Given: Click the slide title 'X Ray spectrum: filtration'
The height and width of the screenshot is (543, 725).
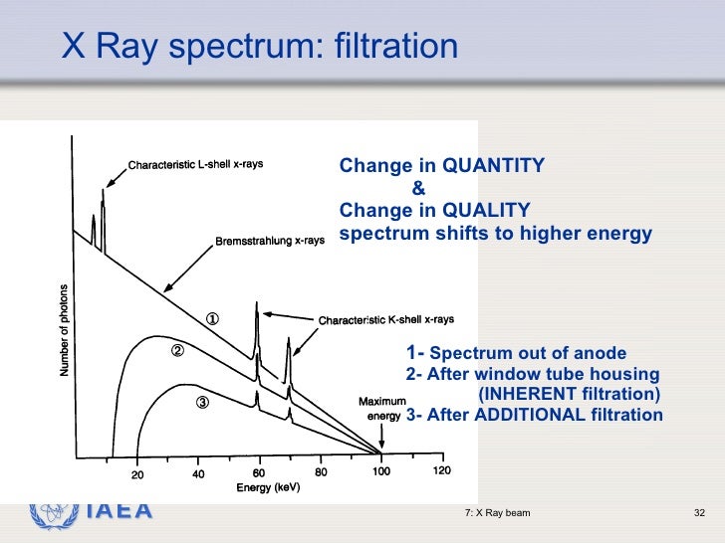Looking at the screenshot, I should pyautogui.click(x=260, y=46).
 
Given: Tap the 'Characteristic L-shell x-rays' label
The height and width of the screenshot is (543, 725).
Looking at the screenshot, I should pyautogui.click(x=195, y=164).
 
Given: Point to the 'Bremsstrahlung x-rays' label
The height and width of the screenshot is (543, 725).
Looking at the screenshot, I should pyautogui.click(x=269, y=242).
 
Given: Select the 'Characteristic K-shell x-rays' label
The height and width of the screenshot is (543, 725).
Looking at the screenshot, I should pyautogui.click(x=385, y=320).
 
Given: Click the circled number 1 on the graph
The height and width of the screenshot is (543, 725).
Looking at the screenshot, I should pyautogui.click(x=212, y=319).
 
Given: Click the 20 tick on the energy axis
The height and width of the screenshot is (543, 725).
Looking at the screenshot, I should pyautogui.click(x=136, y=473).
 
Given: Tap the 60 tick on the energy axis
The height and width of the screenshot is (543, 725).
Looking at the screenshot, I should pyautogui.click(x=259, y=473).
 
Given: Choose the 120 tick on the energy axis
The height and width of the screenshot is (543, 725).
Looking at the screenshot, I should pyautogui.click(x=441, y=471).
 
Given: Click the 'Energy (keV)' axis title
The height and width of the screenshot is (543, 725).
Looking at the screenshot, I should pyautogui.click(x=268, y=488).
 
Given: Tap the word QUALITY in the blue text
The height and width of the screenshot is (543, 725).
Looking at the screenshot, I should pyautogui.click(x=486, y=210).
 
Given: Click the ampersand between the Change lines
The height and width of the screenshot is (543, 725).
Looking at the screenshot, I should pyautogui.click(x=417, y=187).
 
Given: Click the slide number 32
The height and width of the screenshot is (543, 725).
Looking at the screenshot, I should pyautogui.click(x=698, y=513).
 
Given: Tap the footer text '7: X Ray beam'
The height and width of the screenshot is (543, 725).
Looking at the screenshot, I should pyautogui.click(x=497, y=513).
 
